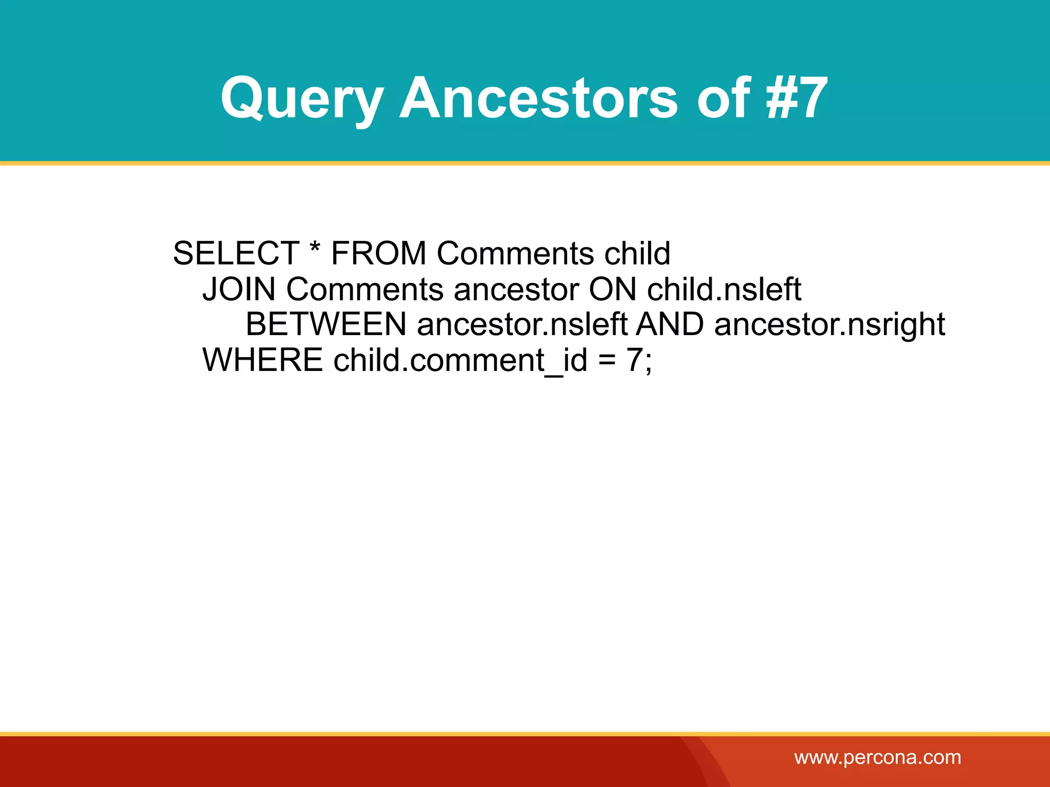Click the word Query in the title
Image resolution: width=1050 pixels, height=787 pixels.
point(301,98)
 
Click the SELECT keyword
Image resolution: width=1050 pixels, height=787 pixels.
point(236,253)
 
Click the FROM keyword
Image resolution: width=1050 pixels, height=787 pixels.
point(378,253)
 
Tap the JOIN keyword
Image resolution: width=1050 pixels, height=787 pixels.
point(239,289)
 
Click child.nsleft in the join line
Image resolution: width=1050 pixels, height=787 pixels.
point(724,289)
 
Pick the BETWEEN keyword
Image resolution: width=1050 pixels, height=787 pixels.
point(326,324)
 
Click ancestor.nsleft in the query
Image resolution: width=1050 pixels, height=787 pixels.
point(522,324)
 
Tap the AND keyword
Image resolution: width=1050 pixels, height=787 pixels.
point(670,324)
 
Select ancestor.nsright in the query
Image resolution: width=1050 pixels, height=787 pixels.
point(830,325)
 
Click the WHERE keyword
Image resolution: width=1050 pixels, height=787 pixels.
point(262,360)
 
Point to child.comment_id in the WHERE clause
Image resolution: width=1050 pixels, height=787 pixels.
point(460,361)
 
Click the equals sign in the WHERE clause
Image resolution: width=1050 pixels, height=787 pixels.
point(607,361)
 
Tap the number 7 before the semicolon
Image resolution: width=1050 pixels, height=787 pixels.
point(634,360)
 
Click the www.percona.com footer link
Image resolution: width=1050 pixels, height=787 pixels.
point(877,757)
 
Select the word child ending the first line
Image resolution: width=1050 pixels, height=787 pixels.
point(637,253)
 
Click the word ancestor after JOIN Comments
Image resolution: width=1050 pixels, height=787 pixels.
point(516,290)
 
